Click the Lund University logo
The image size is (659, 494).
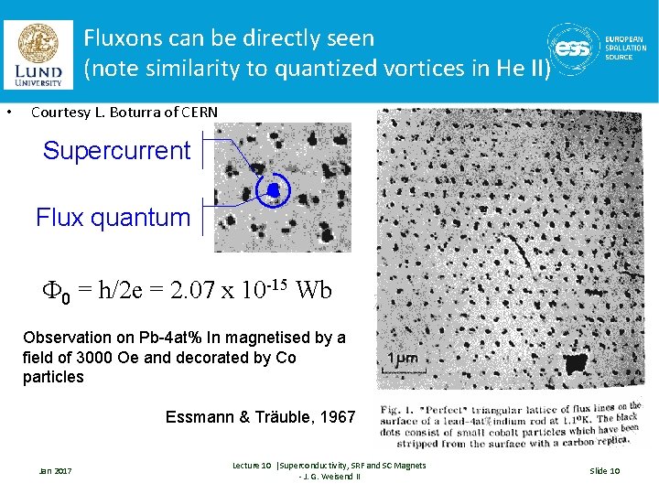tap(39, 55)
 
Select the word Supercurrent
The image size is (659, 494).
tap(116, 151)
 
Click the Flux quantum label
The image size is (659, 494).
tap(113, 218)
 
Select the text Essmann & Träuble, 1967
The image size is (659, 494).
tap(260, 417)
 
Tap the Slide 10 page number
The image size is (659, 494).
tap(604, 470)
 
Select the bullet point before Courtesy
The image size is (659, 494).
tap(8, 113)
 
